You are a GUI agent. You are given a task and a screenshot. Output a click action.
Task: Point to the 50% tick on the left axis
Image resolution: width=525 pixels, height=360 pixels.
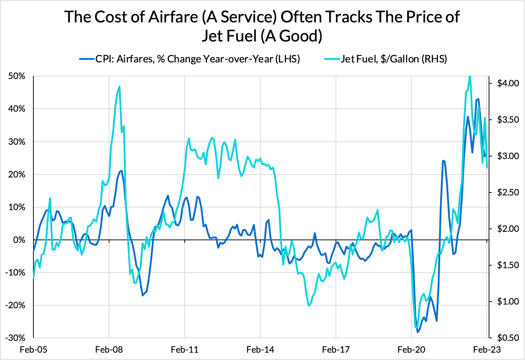tap(17, 76)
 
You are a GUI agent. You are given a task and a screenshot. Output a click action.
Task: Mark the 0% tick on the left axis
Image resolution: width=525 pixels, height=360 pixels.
tap(19, 240)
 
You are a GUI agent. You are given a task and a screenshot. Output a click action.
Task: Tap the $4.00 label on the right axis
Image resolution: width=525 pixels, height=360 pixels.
tap(508, 83)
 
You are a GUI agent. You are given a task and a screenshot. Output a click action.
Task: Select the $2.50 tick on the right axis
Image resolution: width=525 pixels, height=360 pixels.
tap(508, 192)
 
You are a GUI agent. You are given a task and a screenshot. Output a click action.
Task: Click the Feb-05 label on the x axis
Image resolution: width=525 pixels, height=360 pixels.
tap(33, 349)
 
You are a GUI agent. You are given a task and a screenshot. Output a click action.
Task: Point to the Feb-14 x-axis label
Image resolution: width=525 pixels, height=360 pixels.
tap(260, 349)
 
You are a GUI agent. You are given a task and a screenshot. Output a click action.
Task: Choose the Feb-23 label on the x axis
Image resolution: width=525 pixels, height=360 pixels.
tap(487, 349)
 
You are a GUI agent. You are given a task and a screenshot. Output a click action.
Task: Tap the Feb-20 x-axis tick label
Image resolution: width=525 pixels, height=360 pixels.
tap(412, 349)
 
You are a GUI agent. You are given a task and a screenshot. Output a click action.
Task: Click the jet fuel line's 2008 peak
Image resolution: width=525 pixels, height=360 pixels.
tap(120, 87)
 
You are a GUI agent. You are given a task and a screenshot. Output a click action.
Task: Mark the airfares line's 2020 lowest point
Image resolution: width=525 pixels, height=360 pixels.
tap(417, 332)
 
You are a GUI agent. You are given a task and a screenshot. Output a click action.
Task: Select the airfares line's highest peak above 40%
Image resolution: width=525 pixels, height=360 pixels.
tap(478, 99)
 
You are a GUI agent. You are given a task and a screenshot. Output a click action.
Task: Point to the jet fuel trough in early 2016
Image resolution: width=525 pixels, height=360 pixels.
tap(308, 306)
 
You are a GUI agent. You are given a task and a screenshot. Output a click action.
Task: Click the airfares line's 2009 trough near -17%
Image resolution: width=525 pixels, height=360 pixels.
tap(143, 295)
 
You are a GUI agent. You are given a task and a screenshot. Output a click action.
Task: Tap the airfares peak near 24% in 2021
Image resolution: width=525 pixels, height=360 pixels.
tap(443, 161)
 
